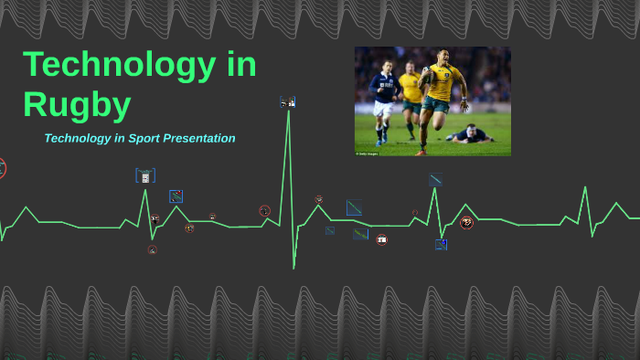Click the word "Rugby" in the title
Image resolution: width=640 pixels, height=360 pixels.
(77, 104)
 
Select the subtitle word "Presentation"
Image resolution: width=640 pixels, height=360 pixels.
(198, 139)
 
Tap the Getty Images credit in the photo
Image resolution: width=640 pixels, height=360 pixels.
(367, 153)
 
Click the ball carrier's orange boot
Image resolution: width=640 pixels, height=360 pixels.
(421, 150)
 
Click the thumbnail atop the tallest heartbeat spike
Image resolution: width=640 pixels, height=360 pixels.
(287, 103)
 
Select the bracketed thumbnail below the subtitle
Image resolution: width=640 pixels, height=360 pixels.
(145, 175)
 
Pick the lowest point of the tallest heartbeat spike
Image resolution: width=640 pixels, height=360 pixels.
(293, 268)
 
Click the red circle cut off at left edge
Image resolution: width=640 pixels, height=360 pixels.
(2, 168)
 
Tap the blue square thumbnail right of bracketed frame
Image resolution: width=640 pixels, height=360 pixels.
(176, 196)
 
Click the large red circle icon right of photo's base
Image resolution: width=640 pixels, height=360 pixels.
(466, 222)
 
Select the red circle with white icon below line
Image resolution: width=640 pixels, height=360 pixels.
(381, 239)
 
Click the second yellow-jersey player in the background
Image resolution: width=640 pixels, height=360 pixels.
(411, 90)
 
